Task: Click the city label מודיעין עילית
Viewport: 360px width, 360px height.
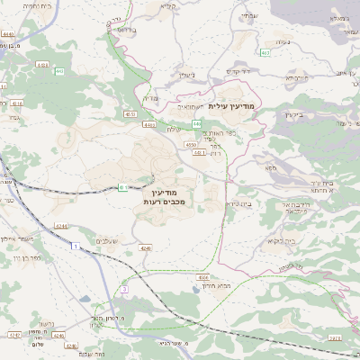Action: (x=231, y=106)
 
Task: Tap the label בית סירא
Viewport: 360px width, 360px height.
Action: (x=235, y=203)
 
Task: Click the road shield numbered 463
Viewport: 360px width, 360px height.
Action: (x=266, y=53)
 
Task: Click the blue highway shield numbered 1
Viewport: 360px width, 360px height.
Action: (x=76, y=245)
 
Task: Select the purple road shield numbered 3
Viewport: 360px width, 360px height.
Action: (x=124, y=289)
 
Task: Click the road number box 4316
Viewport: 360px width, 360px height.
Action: (x=17, y=104)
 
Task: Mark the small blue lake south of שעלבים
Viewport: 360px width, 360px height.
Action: (x=120, y=271)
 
